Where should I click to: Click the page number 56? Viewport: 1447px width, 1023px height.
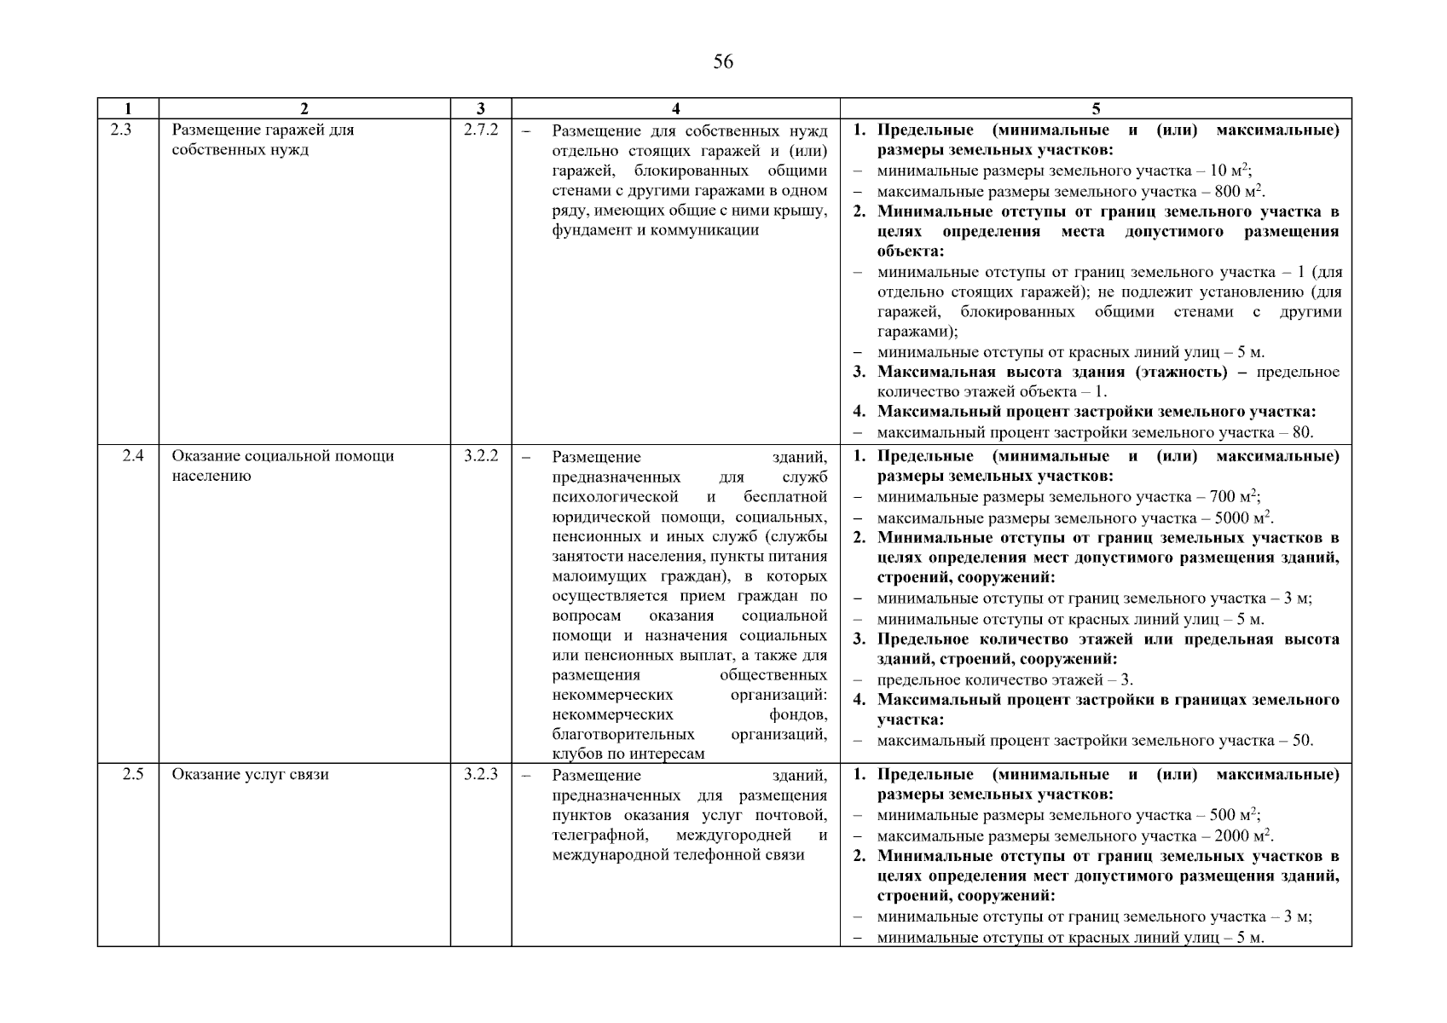722,61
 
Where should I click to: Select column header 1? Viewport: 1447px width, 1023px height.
128,108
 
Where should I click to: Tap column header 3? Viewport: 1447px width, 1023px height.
481,108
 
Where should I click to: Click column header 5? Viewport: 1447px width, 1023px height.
1096,108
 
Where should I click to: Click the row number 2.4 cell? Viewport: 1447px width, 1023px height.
133,456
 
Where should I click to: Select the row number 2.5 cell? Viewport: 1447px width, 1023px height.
133,775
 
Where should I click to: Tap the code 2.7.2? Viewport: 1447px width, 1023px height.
481,130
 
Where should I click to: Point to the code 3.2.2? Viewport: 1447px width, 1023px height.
481,456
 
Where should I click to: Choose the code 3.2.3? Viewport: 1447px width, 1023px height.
481,775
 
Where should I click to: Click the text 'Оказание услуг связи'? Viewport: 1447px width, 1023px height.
250,775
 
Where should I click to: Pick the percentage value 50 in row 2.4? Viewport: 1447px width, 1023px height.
1301,741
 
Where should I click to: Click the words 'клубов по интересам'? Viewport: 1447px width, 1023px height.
628,754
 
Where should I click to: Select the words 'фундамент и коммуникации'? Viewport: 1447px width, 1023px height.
655,230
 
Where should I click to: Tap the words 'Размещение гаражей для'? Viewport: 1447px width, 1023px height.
263,130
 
